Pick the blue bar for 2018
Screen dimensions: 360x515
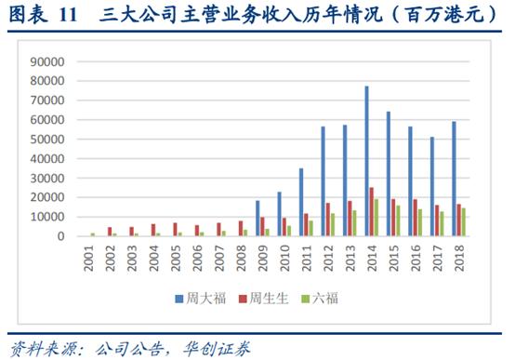pos(455,179)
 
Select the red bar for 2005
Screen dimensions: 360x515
pos(175,229)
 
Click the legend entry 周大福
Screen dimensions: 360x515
pos(198,298)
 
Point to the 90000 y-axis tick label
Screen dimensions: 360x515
pos(46,61)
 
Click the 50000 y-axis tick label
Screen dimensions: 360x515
pos(46,140)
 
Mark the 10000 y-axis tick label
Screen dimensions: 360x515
pos(46,217)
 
